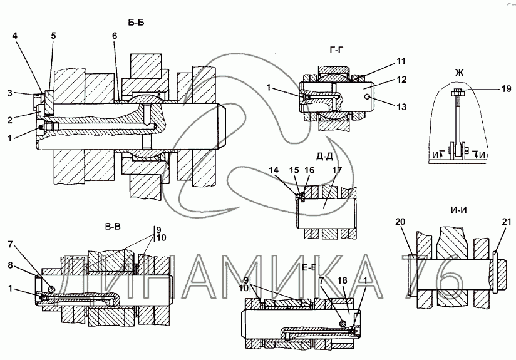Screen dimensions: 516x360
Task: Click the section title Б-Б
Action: point(136,23)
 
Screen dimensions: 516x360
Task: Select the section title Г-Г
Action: point(336,50)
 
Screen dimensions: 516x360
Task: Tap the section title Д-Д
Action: point(324,157)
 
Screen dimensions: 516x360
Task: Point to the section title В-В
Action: point(113,227)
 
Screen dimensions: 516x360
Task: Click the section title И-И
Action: point(460,210)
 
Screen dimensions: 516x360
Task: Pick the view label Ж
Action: point(460,73)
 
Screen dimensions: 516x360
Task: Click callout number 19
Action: point(506,88)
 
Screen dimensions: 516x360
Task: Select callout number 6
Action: point(115,36)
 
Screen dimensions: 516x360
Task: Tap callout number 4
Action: point(15,36)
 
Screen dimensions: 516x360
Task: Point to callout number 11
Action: point(401,61)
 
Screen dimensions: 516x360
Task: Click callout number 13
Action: point(402,107)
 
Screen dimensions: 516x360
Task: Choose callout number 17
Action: point(338,170)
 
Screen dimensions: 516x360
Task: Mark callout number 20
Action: point(400,222)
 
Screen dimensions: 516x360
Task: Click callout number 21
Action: point(507,222)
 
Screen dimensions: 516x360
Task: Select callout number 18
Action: point(343,280)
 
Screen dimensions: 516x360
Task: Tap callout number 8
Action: point(10,265)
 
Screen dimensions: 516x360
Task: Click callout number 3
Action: point(10,93)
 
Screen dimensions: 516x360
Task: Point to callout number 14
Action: point(274,170)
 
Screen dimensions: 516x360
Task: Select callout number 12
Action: point(402,80)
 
